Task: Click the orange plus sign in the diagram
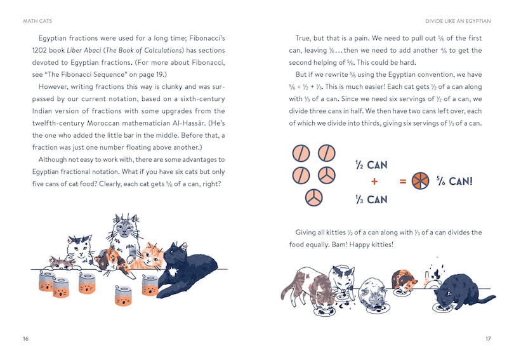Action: pos(374,182)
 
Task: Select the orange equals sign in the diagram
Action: pos(402,182)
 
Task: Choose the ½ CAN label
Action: pos(371,165)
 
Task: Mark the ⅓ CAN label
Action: pos(371,199)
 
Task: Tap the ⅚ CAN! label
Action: pos(454,182)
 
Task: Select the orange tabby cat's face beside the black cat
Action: pos(152,256)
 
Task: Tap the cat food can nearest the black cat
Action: pos(150,285)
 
